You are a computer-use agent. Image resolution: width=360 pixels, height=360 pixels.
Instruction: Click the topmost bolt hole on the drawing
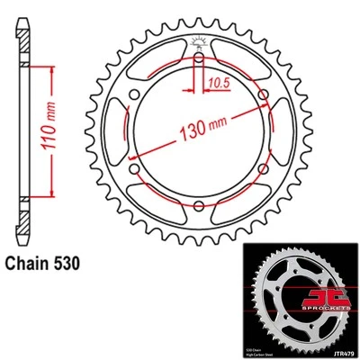click(x=197, y=58)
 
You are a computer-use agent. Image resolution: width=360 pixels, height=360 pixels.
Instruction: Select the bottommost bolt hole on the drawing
click(x=197, y=206)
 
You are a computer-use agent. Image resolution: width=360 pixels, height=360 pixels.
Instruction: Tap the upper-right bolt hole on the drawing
click(x=262, y=95)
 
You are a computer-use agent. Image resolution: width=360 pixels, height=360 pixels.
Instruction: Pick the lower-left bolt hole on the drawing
click(x=133, y=169)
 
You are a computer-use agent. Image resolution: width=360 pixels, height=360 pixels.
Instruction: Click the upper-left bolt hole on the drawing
click(x=133, y=95)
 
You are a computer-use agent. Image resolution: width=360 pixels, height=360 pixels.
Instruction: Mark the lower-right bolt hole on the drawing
click(x=262, y=169)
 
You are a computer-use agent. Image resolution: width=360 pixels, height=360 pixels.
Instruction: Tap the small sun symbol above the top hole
click(x=197, y=40)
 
